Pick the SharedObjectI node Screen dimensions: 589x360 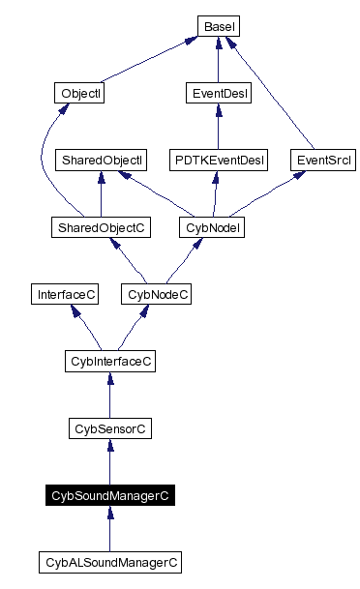(x=102, y=159)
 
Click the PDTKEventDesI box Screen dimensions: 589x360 (x=218, y=159)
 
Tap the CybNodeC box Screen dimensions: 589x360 (x=155, y=293)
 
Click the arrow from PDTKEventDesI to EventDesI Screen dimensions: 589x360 (x=218, y=126)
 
